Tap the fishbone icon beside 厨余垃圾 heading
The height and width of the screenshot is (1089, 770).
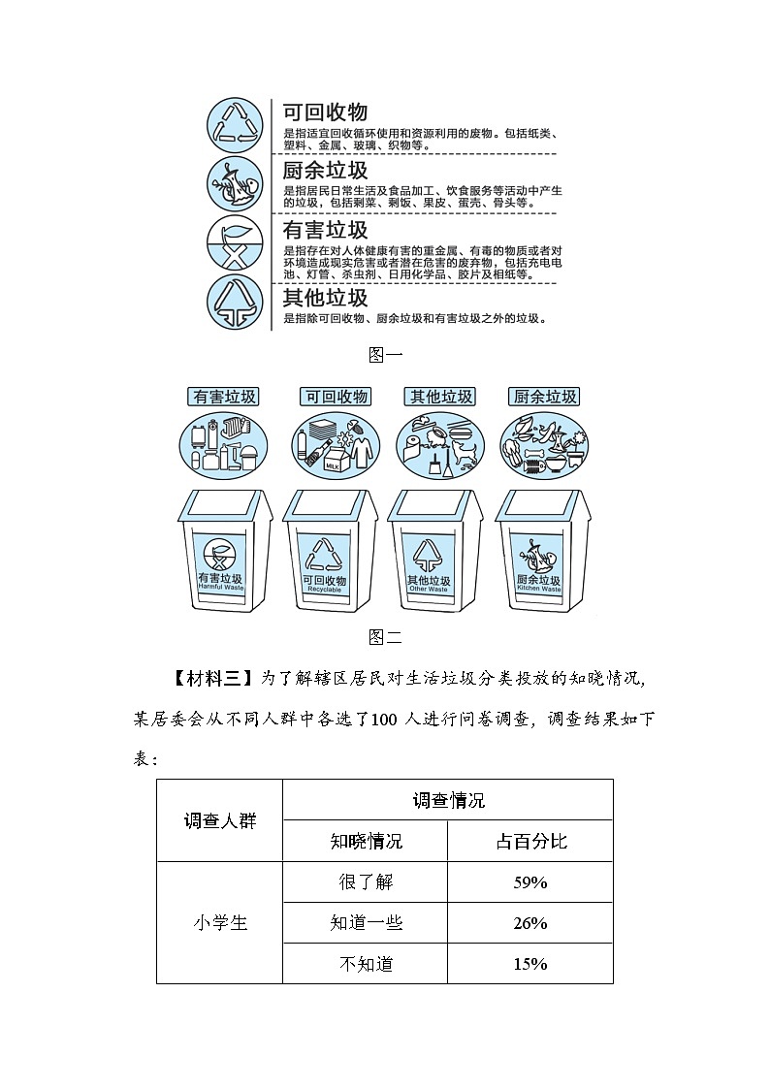coord(235,182)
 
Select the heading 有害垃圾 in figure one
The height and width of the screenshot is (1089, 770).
coord(325,231)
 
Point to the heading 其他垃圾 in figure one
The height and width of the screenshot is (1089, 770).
coord(325,297)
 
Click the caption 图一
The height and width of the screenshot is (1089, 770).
coord(385,355)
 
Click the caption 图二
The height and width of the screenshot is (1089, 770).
coord(385,637)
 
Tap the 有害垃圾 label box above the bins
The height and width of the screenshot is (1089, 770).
coord(224,397)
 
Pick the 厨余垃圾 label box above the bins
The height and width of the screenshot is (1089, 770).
coord(543,397)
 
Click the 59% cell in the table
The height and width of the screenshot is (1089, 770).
coord(529,882)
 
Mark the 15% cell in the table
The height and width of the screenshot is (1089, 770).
coord(529,964)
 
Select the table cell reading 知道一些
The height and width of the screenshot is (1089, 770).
coord(366,923)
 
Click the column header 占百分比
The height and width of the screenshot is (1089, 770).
coord(529,841)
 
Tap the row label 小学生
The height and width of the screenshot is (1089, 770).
coord(220,923)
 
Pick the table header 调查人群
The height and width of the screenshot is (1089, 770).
coord(220,820)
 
